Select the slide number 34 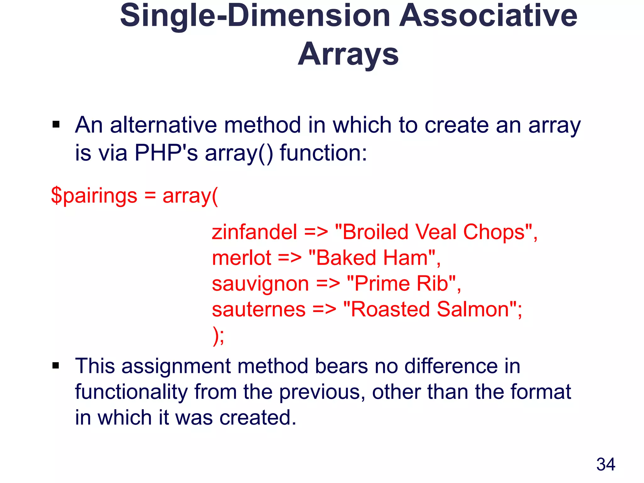click(606, 464)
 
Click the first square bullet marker click(56, 125)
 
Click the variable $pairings click(94, 196)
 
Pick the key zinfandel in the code click(254, 232)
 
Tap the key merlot click(241, 258)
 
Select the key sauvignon click(260, 284)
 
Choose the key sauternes click(258, 309)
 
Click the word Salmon click(473, 309)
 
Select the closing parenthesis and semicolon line click(219, 336)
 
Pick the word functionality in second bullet click(131, 392)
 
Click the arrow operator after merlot click(290, 258)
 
